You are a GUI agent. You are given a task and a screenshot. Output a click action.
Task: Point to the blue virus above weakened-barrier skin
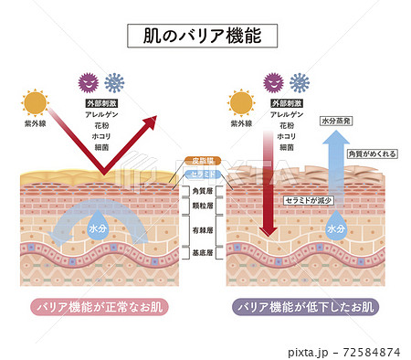299,82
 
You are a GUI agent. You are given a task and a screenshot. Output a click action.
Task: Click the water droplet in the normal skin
94,224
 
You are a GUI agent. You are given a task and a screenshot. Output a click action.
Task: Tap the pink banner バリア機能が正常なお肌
100,306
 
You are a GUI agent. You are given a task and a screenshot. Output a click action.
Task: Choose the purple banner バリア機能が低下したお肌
306,306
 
